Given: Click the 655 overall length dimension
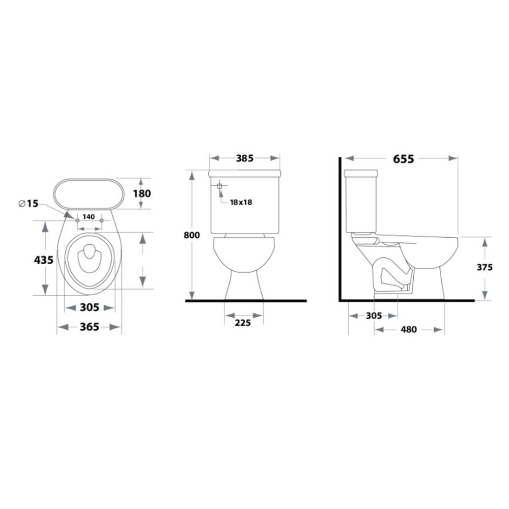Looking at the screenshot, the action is [x=403, y=159].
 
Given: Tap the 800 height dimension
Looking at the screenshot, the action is [x=192, y=235].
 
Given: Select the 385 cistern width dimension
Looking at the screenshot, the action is [x=244, y=158].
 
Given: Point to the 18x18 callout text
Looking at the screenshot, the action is [x=241, y=202].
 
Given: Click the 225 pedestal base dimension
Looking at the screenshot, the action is [x=243, y=323].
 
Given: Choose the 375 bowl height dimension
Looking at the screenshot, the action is [x=485, y=267].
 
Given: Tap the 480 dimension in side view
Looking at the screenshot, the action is [x=409, y=329].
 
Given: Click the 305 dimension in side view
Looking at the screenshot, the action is [x=374, y=316].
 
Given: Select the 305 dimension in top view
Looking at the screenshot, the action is [x=90, y=307].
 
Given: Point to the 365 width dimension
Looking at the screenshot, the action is [x=90, y=327].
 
